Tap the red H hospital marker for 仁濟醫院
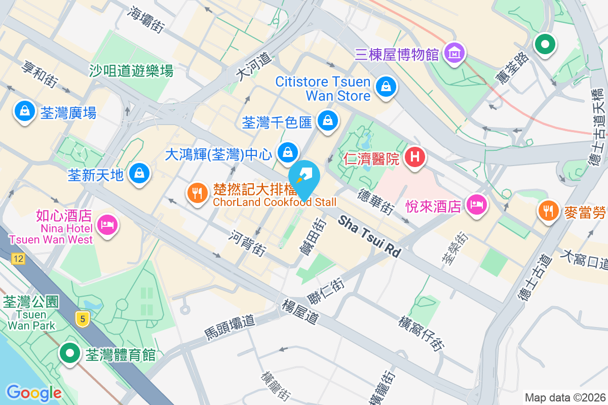point(415,157)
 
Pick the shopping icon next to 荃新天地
point(139,174)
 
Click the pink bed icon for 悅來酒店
point(477,205)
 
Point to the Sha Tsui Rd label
point(370,236)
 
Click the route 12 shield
point(19,259)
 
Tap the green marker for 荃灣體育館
point(69,352)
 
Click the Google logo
point(33,392)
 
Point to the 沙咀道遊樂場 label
point(131,70)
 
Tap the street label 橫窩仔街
point(422,334)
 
